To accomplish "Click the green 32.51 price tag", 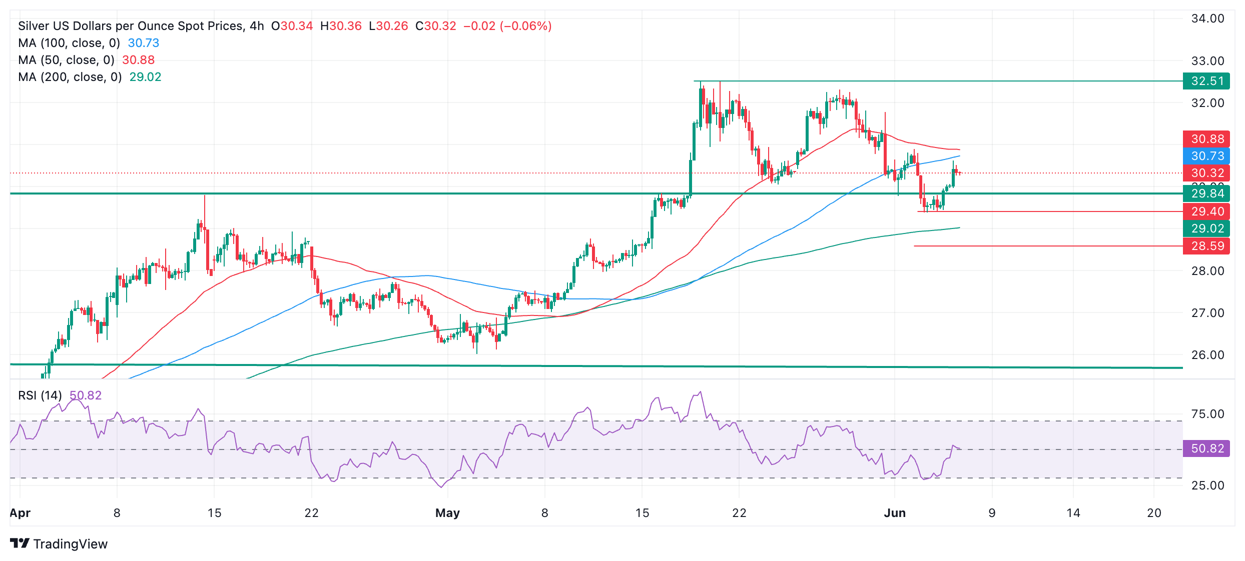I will pos(1206,81).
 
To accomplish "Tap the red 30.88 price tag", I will pos(1206,139).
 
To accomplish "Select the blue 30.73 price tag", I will pos(1206,156).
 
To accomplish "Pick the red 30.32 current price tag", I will pos(1206,173).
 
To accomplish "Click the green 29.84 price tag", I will pos(1206,193).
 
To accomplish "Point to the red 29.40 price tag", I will pos(1206,211).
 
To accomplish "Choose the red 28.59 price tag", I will pos(1206,246).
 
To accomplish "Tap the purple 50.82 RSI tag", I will pos(1206,448).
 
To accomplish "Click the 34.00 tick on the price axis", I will pos(1207,18).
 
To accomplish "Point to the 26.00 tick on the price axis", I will pos(1207,355).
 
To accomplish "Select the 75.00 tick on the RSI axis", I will pos(1207,414).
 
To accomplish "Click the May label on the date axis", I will pos(447,513).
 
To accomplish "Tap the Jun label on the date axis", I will pos(895,513).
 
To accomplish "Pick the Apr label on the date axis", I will pos(20,513).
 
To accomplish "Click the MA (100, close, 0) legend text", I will pos(69,43).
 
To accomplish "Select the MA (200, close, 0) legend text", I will pos(70,77).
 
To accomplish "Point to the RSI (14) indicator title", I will pos(40,395).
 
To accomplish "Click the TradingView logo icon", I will pos(20,543).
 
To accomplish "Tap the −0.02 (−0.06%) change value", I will pos(507,26).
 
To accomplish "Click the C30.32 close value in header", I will pos(435,26).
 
